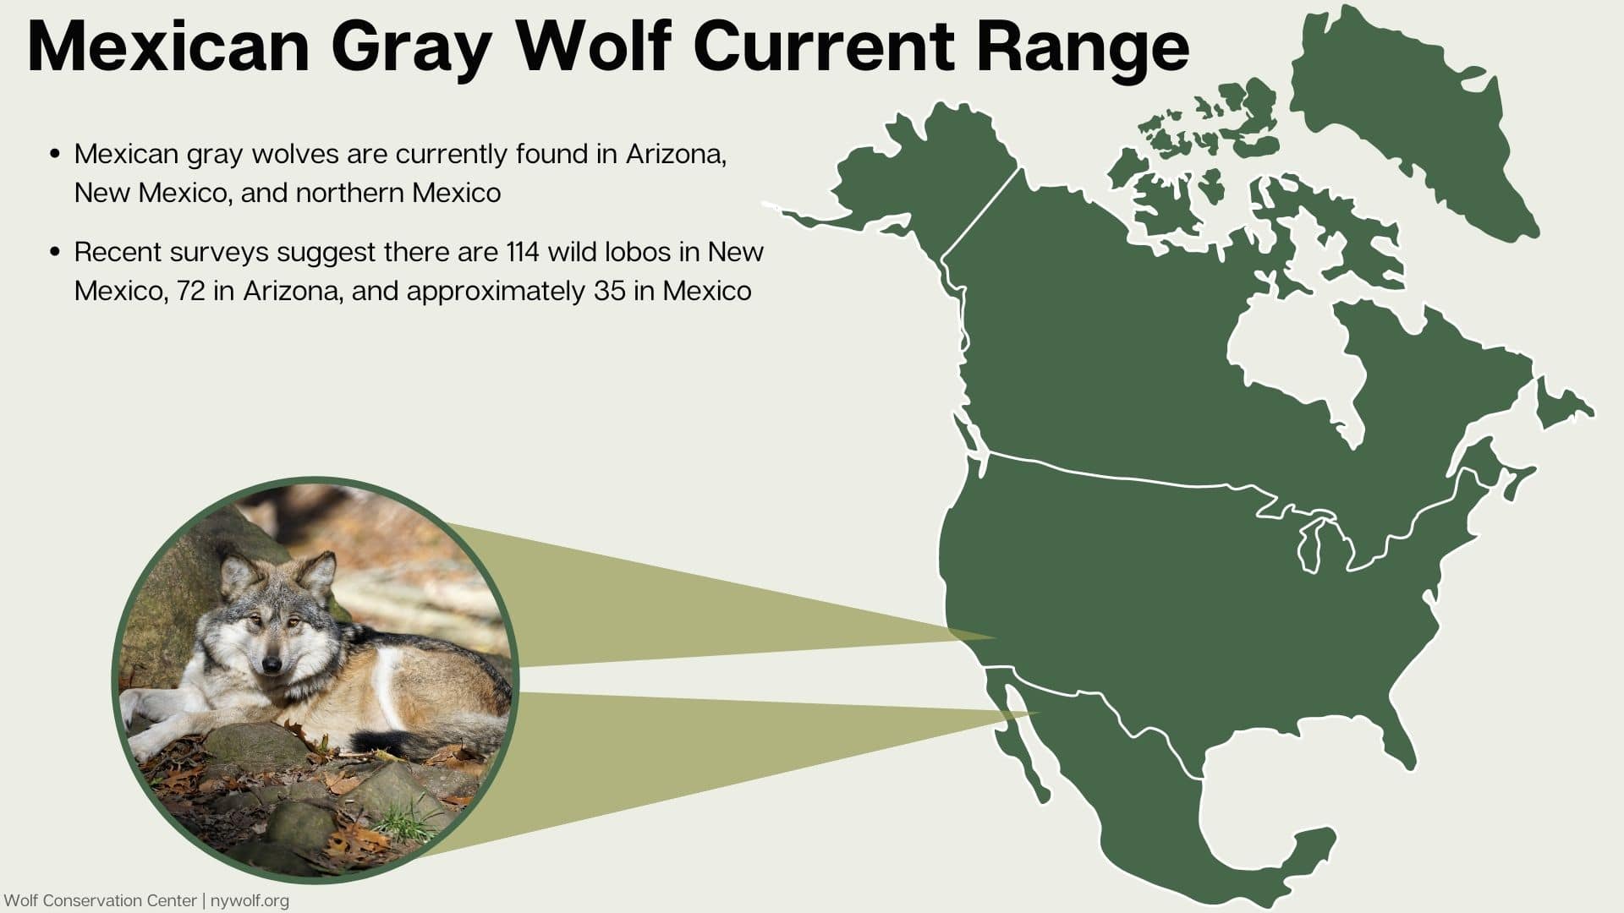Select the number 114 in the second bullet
click(523, 252)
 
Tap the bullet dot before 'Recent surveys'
click(55, 252)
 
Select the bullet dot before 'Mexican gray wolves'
click(55, 154)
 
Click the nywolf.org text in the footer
click(250, 901)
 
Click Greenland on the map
click(1404, 110)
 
